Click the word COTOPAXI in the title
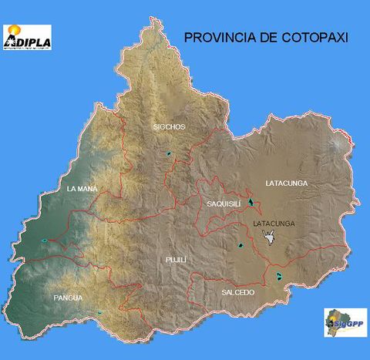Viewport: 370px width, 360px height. [310, 36]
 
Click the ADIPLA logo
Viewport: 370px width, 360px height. [27, 37]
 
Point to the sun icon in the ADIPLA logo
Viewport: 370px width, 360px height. [15, 31]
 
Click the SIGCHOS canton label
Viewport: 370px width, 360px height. [169, 126]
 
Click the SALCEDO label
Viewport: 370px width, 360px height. [237, 292]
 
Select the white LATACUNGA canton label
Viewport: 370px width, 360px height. [286, 183]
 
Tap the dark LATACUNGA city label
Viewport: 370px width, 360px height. [274, 224]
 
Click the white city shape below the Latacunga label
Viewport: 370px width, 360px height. [269, 241]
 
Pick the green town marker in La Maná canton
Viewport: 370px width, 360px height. [45, 241]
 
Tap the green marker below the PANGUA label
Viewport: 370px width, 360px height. [99, 312]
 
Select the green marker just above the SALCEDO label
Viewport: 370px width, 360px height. [279, 276]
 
